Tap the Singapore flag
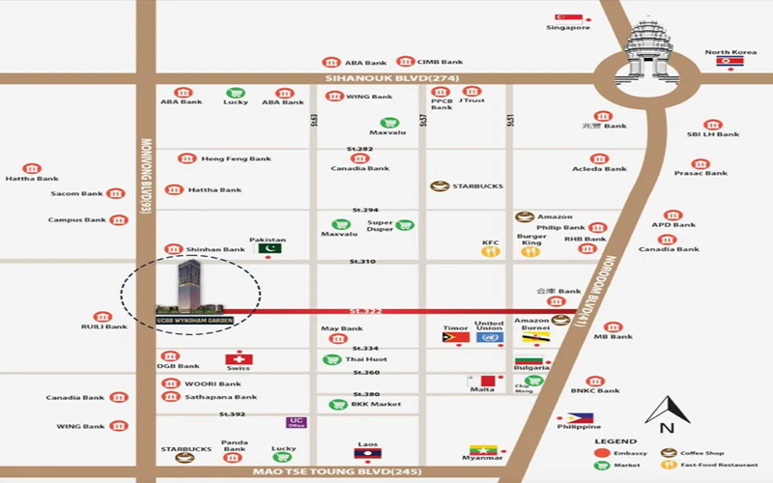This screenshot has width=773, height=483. coord(568,17)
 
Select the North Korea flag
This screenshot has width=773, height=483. coord(730,62)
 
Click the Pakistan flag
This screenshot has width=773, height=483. coord(269,247)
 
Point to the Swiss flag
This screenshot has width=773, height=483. coord(239,358)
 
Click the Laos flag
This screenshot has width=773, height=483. coord(368,452)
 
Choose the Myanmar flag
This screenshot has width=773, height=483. coord(482,450)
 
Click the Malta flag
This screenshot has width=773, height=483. coord(481,381)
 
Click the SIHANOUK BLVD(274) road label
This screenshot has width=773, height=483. coord(378,78)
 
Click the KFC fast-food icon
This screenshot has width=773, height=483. coord(491,252)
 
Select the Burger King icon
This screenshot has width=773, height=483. coord(530,252)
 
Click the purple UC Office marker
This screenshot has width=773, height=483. coord(297,422)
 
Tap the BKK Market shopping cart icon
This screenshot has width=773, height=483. coord(338,404)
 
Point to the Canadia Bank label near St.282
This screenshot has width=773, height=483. coord(360,168)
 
